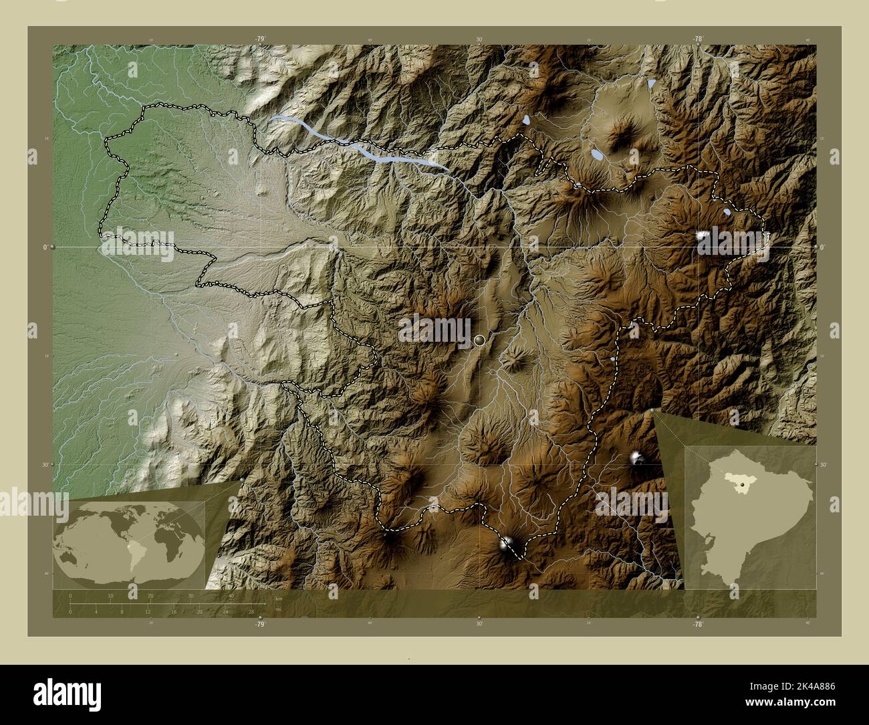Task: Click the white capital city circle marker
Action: point(479,340)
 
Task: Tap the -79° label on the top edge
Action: point(260,39)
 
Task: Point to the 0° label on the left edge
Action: point(45,247)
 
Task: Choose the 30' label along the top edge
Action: point(479,39)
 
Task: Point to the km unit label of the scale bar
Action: point(278,598)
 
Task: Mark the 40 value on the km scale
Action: point(231,595)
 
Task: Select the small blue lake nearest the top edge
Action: point(652,84)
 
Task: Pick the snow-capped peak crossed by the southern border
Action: point(508,543)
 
